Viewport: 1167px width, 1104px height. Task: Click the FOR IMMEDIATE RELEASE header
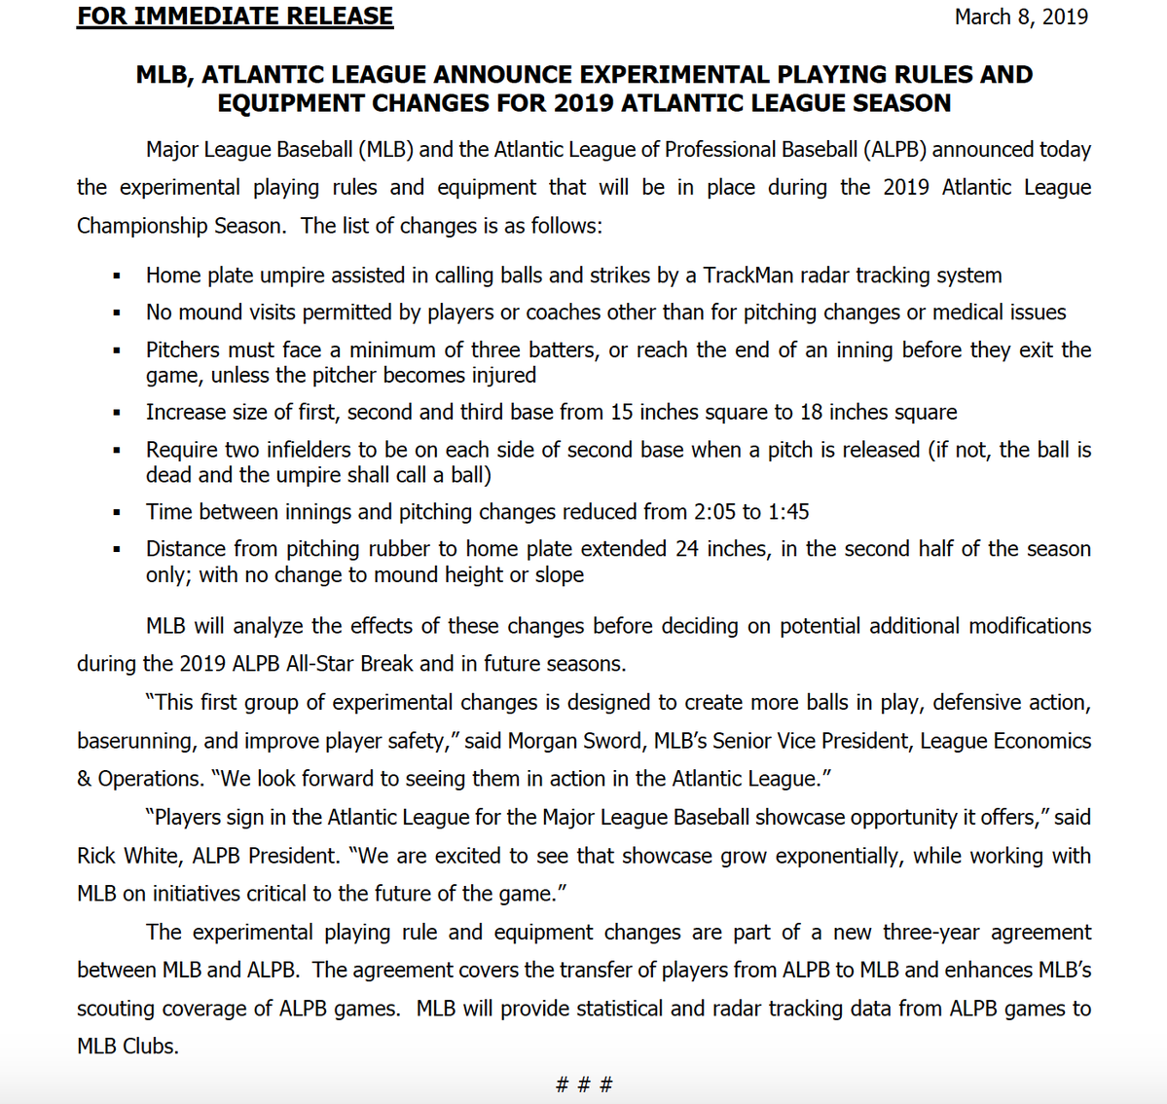tap(236, 17)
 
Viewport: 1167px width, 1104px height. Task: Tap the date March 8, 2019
tap(1021, 17)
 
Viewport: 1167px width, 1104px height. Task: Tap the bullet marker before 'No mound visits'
tap(117, 313)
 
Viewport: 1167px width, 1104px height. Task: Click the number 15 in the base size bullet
tap(622, 413)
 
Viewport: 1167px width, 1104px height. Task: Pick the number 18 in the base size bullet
tap(812, 413)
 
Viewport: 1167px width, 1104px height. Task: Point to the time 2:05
tap(713, 512)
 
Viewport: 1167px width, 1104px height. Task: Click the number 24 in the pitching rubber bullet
tap(687, 549)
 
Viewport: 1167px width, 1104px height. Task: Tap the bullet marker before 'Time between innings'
tap(117, 513)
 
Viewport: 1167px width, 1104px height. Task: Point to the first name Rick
tap(98, 856)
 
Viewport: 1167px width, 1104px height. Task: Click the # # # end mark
tap(584, 1085)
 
